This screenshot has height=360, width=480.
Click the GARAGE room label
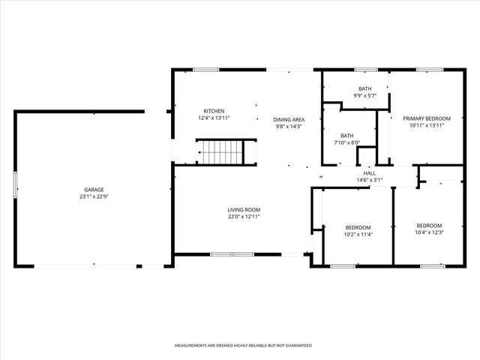coord(94,190)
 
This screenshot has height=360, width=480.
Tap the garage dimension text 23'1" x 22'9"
coord(94,196)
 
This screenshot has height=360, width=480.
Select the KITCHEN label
coord(214,111)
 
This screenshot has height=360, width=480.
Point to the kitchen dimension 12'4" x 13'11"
coord(214,118)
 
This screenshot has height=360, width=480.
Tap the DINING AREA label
coord(288,120)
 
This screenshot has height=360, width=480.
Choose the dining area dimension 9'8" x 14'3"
coord(288,127)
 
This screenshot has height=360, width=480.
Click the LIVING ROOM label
coord(244,210)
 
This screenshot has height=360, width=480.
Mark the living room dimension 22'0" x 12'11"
coord(244,217)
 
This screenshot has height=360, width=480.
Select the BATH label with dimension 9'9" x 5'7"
coord(364,89)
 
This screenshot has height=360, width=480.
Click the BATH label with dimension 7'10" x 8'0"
coord(346,136)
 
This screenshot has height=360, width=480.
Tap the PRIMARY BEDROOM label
coord(427,118)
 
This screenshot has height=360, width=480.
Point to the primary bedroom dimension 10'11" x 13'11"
coord(427,126)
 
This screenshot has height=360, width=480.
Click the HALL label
coord(369,172)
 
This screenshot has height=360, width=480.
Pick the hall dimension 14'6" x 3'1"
coord(369,180)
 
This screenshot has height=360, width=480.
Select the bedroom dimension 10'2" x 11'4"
coord(358,234)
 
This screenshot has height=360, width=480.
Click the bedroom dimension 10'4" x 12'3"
coord(430,232)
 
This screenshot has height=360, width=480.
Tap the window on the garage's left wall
coord(15,185)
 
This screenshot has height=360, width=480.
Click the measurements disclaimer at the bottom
coord(243,346)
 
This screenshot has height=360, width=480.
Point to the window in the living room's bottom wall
coord(220,254)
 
